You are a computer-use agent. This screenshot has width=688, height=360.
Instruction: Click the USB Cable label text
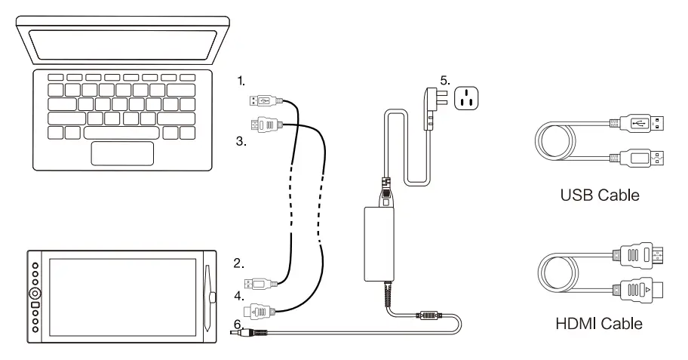point(600,195)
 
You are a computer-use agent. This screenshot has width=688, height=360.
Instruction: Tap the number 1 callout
point(241,79)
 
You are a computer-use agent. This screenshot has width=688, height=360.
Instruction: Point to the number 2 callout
point(238,263)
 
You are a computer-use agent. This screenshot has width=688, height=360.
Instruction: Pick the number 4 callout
point(238,297)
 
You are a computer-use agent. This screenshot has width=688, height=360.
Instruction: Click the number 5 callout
point(445,78)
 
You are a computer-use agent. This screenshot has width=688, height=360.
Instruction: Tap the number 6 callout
point(238,323)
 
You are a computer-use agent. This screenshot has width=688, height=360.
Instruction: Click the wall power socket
point(467,99)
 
